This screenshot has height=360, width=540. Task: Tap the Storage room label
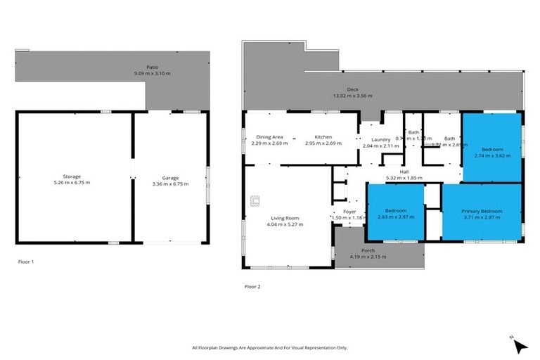tap(72, 176)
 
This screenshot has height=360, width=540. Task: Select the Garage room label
tap(171, 176)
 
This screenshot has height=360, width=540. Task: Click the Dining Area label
tap(269, 137)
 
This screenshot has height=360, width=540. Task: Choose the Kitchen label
tap(323, 137)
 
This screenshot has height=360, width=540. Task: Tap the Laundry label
tap(380, 139)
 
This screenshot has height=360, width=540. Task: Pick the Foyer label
tap(349, 212)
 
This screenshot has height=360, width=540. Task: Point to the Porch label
tap(368, 250)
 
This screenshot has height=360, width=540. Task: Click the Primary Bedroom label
tap(482, 211)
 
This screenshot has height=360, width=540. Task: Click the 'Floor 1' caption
tap(26, 262)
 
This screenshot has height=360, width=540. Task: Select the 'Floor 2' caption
tap(252, 287)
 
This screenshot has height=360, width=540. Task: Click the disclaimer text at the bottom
tap(269, 347)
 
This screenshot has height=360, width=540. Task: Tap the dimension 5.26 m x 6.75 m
tap(72, 182)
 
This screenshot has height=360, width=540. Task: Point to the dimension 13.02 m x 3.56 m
tap(362, 96)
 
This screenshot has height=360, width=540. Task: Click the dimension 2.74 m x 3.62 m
tap(491, 155)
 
